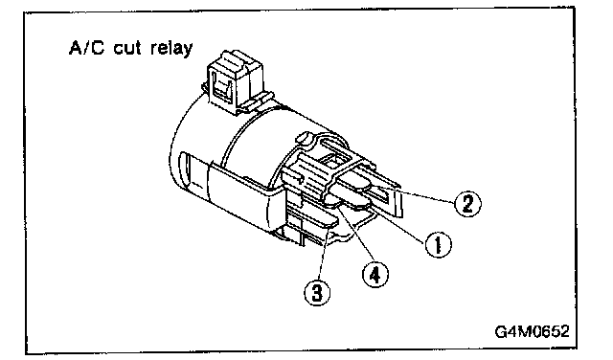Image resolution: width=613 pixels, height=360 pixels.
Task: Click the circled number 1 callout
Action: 438,245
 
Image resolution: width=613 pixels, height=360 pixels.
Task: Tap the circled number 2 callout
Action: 467,203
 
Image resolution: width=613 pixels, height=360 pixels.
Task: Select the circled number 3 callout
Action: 317,292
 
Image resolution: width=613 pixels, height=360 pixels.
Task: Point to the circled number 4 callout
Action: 375,275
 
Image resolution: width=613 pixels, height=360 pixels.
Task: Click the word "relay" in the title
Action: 171,48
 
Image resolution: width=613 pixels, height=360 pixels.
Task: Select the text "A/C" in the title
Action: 87,48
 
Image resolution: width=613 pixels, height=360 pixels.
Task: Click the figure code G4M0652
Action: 533,331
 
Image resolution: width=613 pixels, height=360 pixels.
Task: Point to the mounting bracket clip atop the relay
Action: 235,82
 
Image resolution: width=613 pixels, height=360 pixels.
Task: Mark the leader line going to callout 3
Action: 324,253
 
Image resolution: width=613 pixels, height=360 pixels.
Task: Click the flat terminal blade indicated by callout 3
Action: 312,219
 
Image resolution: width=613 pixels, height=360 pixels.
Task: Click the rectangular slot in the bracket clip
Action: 224,87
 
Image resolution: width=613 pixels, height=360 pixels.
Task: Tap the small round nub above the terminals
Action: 303,138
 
